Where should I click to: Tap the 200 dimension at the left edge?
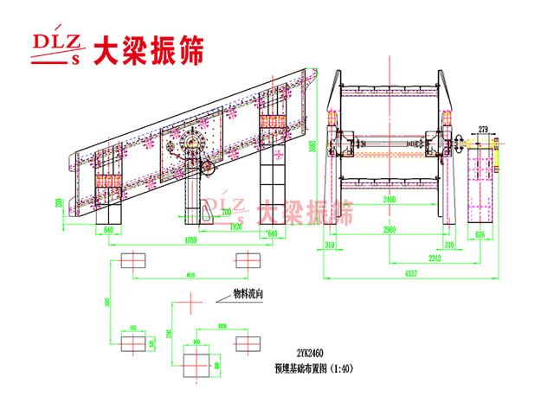(59, 204)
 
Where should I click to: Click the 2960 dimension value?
(392, 231)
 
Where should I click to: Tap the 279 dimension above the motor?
(482, 130)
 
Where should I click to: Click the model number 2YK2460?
(310, 354)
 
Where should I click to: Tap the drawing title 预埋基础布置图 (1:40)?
(312, 367)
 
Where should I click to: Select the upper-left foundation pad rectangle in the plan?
(134, 261)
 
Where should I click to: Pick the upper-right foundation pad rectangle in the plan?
(248, 261)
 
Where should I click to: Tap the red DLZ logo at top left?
(54, 48)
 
